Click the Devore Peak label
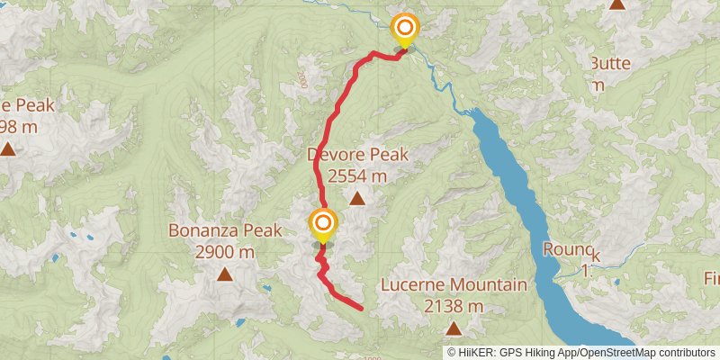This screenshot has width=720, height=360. point(358,155)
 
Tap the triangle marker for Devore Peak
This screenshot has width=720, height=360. point(357,198)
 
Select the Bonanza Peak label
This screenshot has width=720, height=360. point(225,231)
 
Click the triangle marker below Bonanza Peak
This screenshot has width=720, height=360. point(224,274)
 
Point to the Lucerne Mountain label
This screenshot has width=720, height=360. point(453,285)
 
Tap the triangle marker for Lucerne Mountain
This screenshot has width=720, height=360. point(453,328)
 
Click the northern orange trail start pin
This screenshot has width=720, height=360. point(405,29)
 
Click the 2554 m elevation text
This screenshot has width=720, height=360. point(358,176)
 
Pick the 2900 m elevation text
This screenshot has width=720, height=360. point(225,252)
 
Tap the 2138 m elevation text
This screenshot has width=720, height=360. point(453,306)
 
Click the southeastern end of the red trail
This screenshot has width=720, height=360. point(361,308)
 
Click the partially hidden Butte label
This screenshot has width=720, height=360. point(612,63)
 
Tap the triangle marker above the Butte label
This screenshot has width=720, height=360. point(617,4)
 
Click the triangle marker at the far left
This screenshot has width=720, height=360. point(7,148)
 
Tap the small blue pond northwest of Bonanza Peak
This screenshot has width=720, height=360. point(87,239)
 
